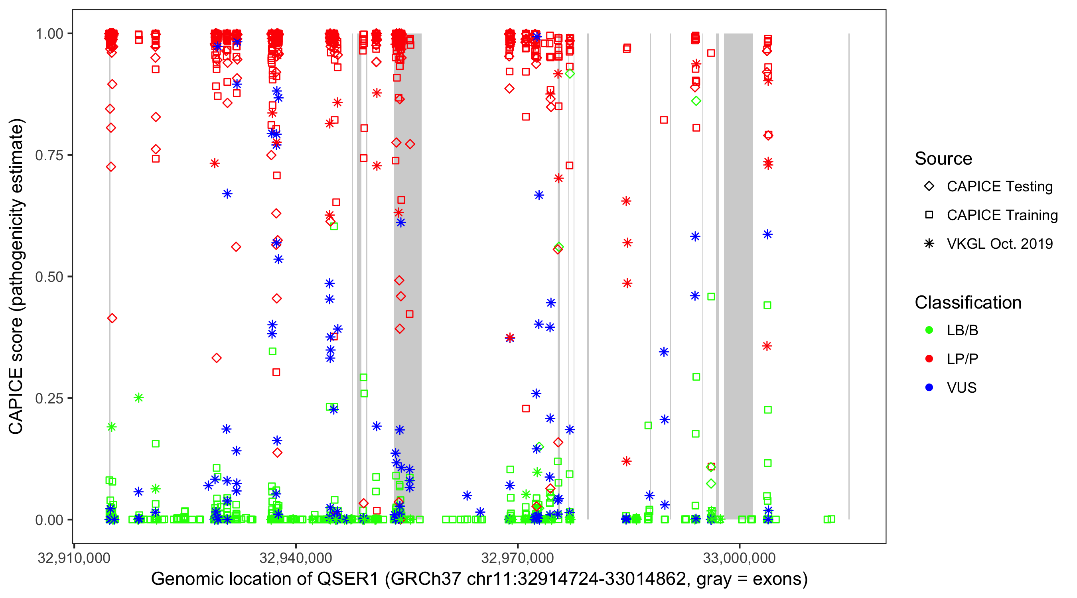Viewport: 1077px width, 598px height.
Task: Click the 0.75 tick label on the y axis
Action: tap(49, 155)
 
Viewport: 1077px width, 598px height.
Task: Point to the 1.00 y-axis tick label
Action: tap(49, 34)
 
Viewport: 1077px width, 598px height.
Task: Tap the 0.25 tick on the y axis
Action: tap(49, 398)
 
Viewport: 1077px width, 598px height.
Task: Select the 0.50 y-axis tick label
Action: tap(49, 277)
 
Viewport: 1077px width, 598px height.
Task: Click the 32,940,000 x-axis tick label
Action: tap(296, 558)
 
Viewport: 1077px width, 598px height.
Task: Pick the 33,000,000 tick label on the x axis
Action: tap(739, 558)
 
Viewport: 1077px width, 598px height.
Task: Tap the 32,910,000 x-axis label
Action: tap(74, 558)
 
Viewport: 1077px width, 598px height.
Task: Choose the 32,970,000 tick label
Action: tap(518, 558)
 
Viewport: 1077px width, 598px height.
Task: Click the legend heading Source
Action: tap(943, 159)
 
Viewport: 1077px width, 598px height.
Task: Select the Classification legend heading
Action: tap(968, 303)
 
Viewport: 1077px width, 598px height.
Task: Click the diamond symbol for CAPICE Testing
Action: tap(929, 187)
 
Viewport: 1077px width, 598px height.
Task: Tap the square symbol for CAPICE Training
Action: tap(929, 215)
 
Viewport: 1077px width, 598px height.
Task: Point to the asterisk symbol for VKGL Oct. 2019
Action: tap(929, 244)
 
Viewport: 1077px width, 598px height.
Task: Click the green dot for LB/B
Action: tap(929, 330)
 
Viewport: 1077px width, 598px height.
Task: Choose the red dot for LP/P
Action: tap(929, 359)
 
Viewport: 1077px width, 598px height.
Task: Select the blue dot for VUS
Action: tap(929, 388)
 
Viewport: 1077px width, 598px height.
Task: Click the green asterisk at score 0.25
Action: tap(139, 398)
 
